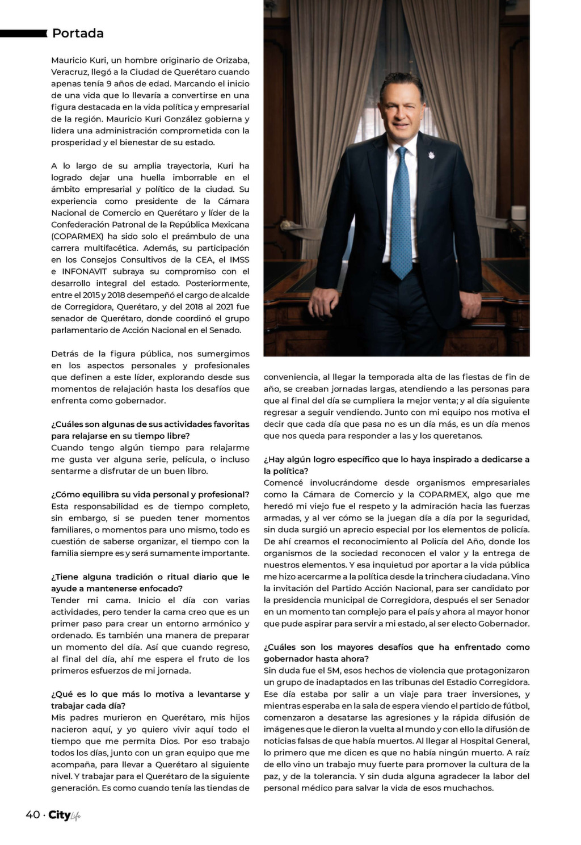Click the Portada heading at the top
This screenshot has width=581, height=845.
78,33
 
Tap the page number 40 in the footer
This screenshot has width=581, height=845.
32,815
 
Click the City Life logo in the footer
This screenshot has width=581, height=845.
64,815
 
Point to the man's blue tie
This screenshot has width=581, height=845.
402,216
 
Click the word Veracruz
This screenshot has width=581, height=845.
70,72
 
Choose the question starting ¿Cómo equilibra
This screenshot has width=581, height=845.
150,495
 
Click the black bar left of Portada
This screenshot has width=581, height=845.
23,33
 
